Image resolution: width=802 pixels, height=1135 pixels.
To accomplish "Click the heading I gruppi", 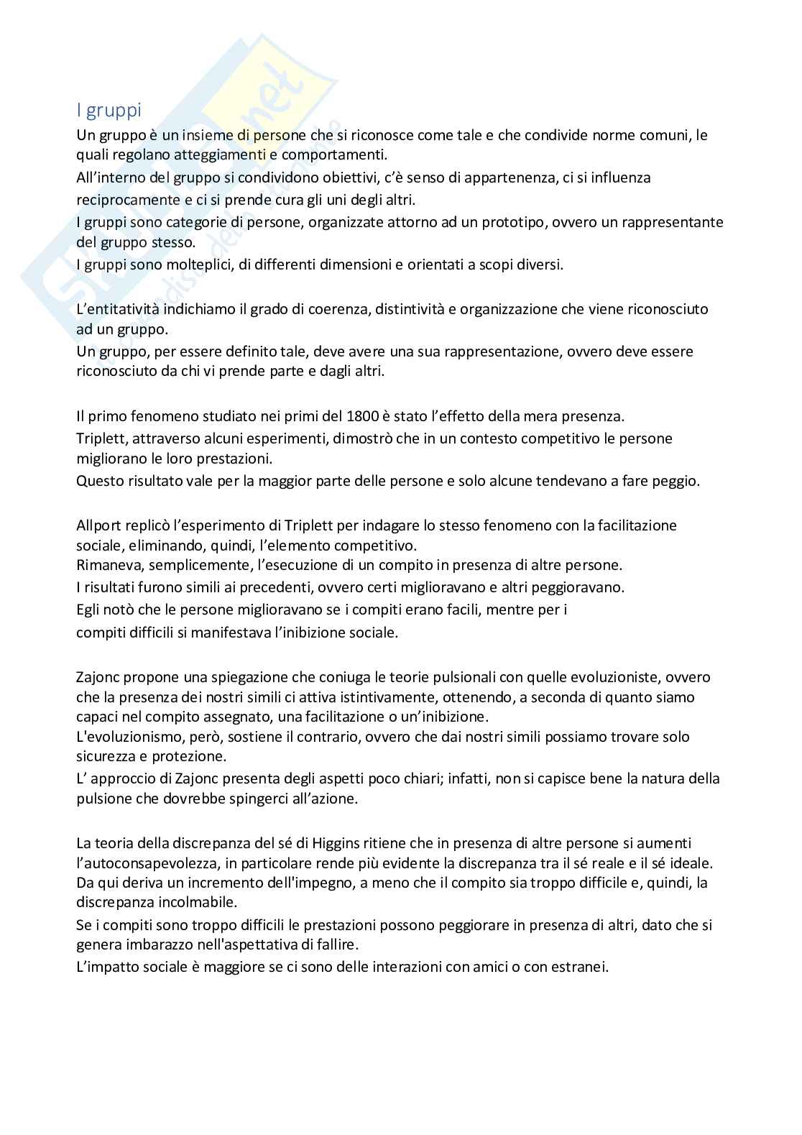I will tap(109, 111).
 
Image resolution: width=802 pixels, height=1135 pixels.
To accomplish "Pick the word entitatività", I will tap(124, 309).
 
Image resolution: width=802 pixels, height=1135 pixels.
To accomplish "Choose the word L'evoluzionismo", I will tap(129, 737).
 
